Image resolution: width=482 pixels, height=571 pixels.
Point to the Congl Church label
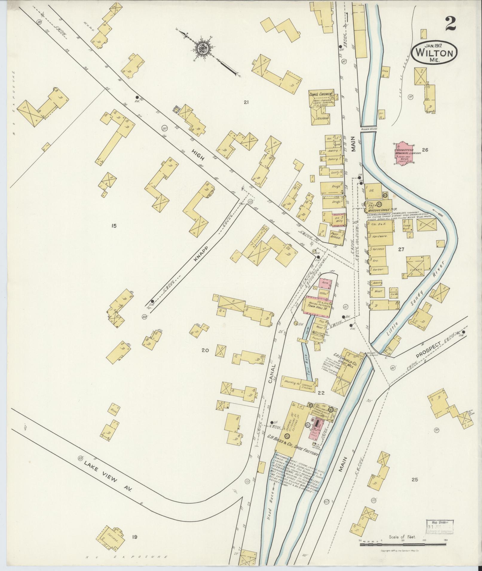pos(321,94)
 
